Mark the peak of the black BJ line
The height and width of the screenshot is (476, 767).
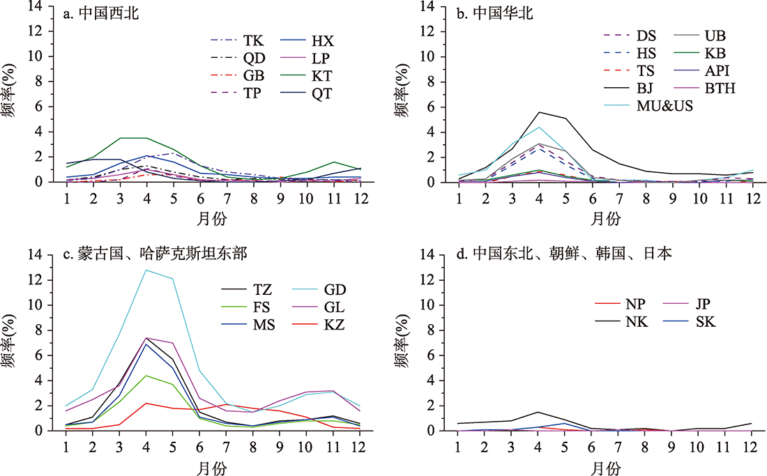538,112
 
